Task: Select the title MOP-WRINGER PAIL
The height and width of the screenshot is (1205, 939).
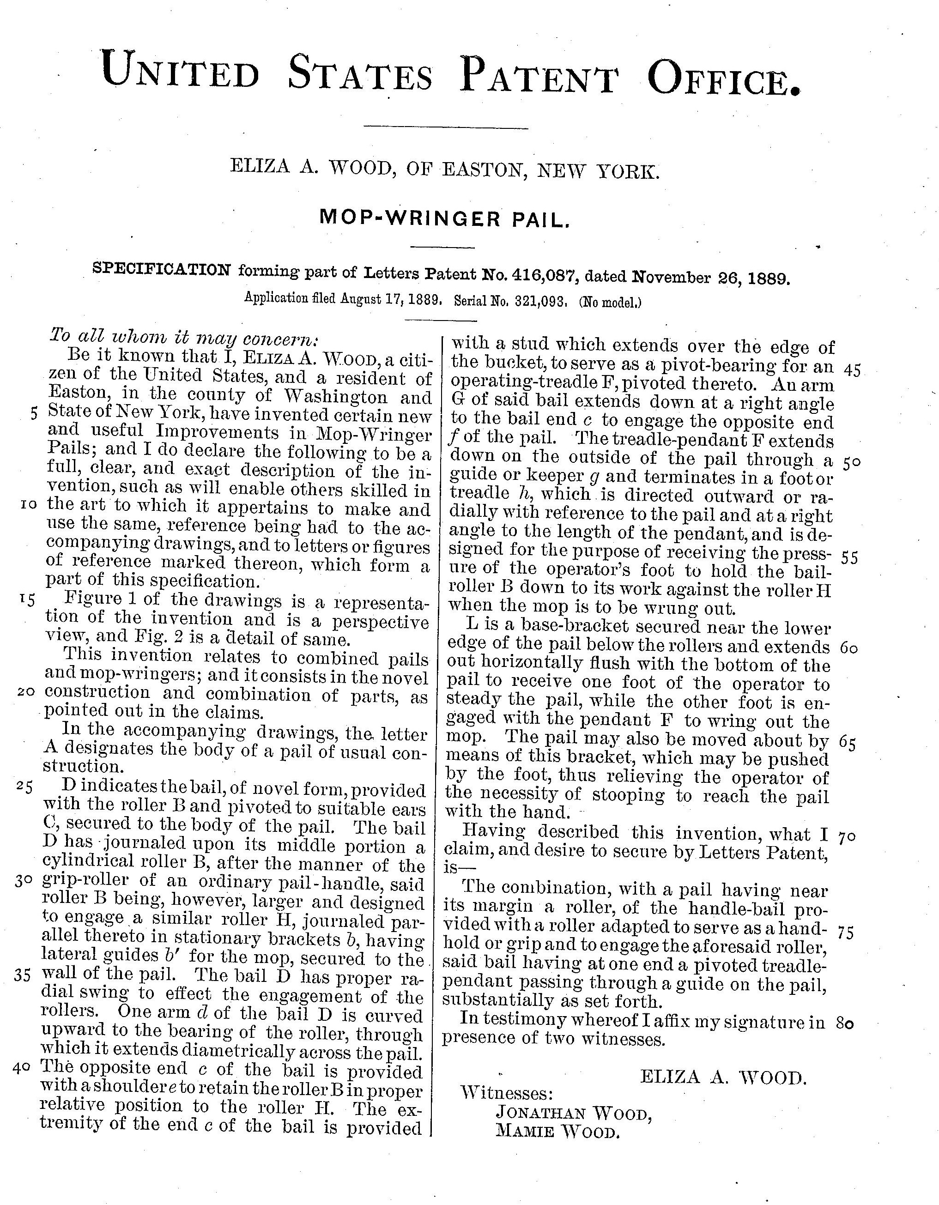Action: click(444, 218)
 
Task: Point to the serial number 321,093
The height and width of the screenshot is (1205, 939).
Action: click(538, 301)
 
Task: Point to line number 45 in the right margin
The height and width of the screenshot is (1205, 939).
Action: click(852, 370)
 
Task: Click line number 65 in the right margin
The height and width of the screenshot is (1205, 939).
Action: click(848, 743)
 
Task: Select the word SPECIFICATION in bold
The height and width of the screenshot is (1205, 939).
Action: click(162, 269)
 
